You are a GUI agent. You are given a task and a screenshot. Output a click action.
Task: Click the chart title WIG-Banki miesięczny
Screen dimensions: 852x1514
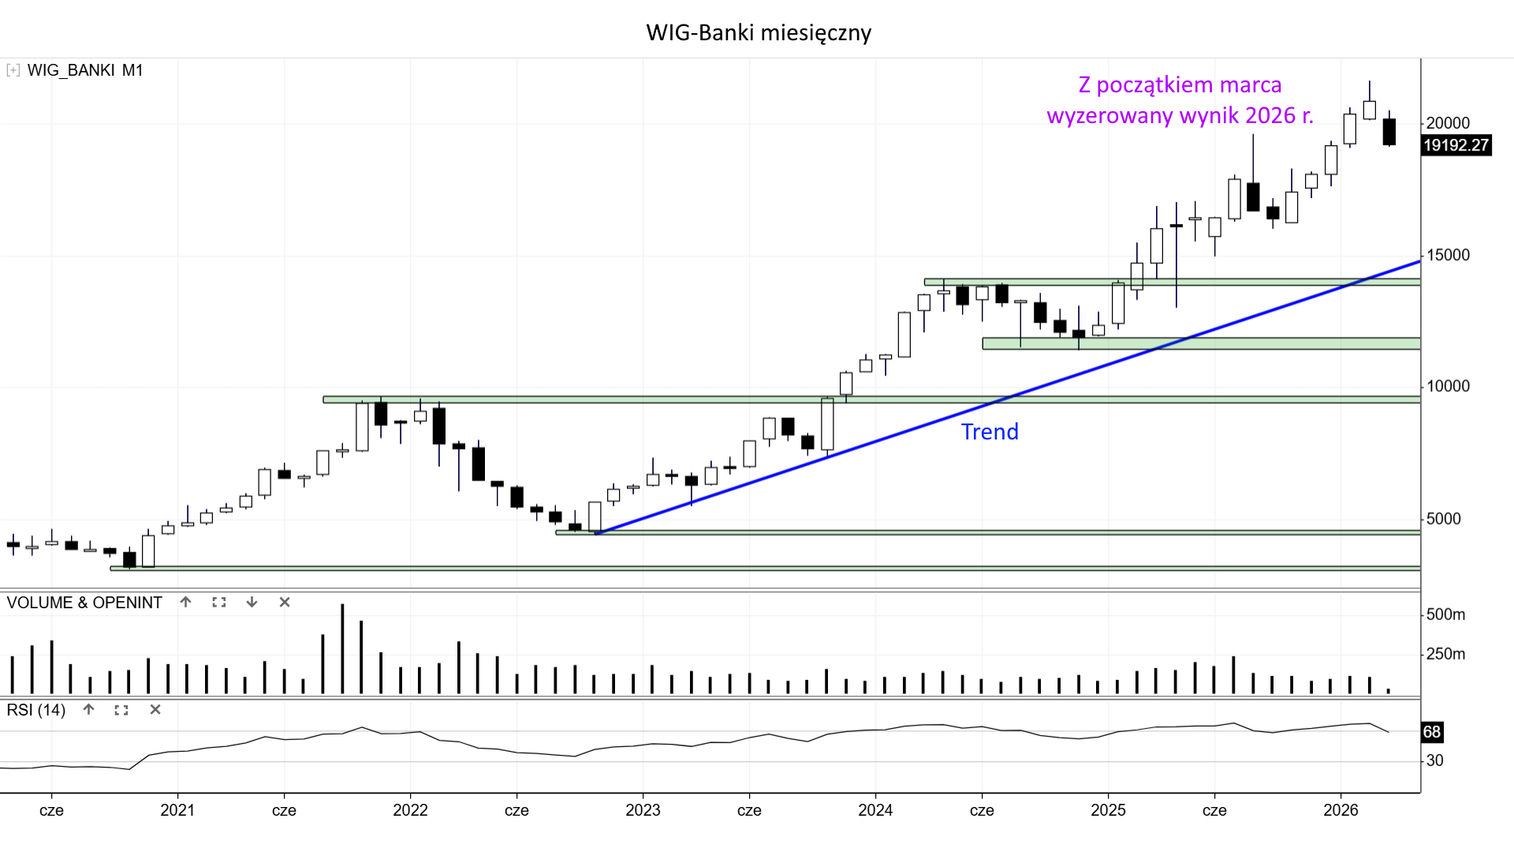759,32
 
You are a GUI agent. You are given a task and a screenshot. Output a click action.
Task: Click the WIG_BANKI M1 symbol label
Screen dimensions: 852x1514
85,70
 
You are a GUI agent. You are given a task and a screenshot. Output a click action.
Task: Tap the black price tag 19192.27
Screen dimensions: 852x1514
1456,145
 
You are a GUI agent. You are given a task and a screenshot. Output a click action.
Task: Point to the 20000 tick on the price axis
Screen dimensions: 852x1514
1448,123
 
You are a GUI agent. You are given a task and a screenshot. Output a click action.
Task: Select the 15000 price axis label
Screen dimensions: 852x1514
1448,255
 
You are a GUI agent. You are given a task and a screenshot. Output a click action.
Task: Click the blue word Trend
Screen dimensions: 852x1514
990,432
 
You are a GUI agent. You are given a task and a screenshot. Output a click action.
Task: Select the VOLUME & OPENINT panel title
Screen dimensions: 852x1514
84,603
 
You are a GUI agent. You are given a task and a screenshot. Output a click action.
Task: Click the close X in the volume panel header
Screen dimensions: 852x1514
285,603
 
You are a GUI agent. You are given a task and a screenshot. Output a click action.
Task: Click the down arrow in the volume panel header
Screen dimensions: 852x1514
252,603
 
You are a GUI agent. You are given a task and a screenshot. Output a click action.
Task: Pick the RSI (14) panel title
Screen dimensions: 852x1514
36,710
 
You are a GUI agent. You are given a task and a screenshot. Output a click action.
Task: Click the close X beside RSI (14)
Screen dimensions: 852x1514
155,710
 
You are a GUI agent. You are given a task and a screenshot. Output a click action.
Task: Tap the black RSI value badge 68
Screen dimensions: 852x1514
1431,732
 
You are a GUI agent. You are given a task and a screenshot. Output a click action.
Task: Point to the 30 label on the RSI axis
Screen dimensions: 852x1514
1435,760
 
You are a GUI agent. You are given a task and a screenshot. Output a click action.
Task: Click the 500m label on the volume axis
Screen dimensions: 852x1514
1445,615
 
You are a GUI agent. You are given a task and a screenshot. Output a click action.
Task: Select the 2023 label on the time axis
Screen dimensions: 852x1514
643,810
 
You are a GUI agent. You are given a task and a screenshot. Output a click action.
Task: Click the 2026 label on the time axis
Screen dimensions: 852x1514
1341,810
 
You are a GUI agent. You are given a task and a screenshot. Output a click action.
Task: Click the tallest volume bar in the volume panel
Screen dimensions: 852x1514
342,649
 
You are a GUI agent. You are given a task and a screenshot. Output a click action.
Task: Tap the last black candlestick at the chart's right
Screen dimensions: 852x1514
1389,132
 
